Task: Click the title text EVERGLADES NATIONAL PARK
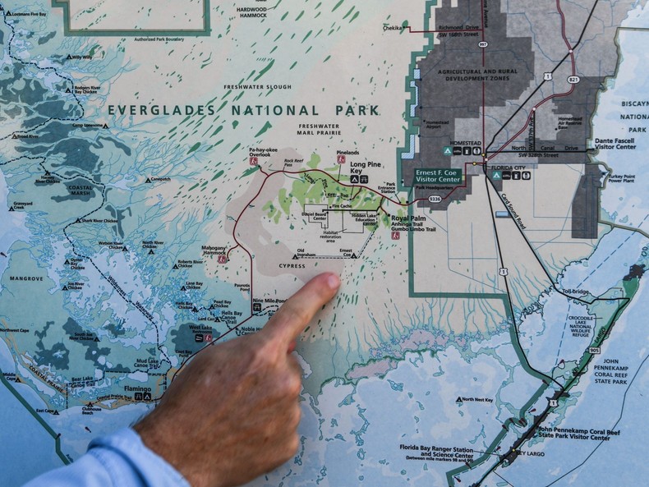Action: pos(243,110)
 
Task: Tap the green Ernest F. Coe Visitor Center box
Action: pos(437,175)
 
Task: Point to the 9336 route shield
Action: pos(434,198)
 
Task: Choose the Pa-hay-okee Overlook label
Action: pos(260,152)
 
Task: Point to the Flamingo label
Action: pos(137,388)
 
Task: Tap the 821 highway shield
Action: pos(573,80)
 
